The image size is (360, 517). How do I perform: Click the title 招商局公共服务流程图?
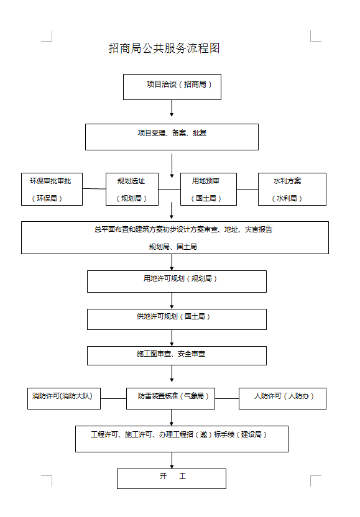pos(164,48)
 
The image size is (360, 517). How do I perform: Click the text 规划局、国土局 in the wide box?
pos(173,247)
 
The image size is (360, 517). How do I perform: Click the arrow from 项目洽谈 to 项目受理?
pos(172,108)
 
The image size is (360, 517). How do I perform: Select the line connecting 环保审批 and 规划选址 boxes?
pos(94,189)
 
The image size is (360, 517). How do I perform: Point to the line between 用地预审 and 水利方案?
pos(247,190)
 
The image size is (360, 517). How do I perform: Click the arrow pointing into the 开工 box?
pos(172,460)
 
